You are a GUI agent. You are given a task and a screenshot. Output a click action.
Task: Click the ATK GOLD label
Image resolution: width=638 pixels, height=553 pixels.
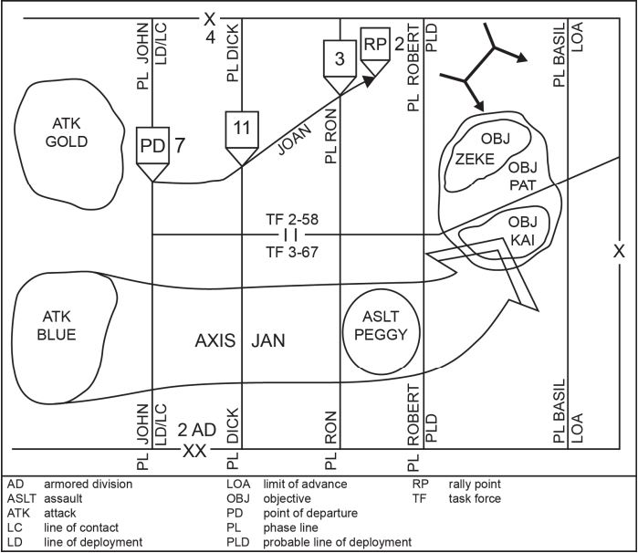67,132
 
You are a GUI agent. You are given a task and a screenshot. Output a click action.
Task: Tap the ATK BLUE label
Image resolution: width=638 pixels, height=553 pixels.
57,326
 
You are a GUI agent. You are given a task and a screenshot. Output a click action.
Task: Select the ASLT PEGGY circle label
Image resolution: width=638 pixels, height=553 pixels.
381,326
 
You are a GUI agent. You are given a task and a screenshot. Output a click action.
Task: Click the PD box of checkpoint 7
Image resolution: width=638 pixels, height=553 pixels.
152,146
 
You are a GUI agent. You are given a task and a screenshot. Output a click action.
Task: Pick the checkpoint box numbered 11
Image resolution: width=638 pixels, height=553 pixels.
242,130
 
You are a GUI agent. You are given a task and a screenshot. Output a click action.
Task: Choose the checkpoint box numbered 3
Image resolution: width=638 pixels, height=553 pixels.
340,58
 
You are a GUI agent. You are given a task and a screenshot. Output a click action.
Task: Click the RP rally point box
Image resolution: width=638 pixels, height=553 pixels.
375,44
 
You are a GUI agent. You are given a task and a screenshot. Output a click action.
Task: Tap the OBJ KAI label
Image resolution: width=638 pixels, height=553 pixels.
522,231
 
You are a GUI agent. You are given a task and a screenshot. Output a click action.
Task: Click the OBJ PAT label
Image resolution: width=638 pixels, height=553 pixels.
523,176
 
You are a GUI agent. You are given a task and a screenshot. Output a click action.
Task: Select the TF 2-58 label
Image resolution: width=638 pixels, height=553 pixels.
292,219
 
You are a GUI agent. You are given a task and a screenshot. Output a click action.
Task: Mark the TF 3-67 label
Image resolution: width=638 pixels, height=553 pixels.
292,252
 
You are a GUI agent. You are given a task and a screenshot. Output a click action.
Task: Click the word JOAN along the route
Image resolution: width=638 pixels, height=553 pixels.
295,140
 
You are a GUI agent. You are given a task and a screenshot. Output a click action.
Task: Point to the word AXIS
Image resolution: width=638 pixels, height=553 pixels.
215,340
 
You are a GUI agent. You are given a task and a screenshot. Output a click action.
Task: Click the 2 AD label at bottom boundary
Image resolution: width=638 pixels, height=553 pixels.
196,430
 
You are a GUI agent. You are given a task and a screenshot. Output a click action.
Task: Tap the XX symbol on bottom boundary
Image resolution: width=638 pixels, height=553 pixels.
194,451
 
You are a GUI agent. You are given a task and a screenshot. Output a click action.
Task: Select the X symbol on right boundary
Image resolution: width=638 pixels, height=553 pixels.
619,252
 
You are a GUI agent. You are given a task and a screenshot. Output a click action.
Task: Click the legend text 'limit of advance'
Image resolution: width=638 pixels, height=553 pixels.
305,485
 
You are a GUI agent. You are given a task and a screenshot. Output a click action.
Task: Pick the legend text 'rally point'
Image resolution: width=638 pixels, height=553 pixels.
475,485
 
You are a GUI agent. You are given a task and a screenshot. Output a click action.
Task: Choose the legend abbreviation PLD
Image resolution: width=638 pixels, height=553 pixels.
238,542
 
